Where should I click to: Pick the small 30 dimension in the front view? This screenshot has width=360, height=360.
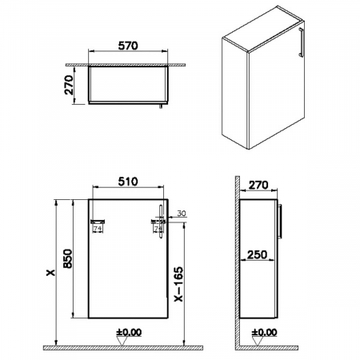(x=180, y=214)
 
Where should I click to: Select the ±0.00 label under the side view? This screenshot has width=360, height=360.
(x=263, y=331)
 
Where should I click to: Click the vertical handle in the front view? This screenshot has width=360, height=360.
(x=159, y=220)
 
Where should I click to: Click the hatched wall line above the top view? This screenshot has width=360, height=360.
(x=120, y=61)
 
